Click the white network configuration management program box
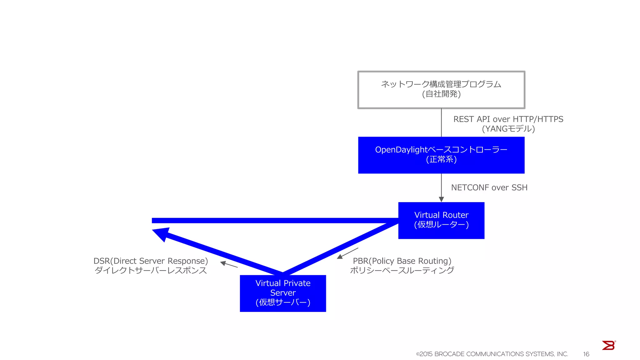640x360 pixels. point(441,90)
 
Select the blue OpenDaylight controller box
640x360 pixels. point(441,155)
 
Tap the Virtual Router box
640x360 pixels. point(441,220)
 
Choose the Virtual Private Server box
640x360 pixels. point(282,293)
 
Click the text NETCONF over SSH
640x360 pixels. point(489,187)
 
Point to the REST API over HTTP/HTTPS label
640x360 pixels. point(508,119)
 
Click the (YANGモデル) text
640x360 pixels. point(508,129)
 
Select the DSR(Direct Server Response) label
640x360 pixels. point(151,261)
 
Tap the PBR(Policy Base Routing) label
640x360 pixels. point(402,261)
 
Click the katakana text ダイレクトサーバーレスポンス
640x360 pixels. point(151,270)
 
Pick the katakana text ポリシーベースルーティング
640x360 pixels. point(402,270)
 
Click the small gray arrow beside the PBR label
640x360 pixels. point(347,253)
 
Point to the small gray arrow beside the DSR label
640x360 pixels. point(229,264)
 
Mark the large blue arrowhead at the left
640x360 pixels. point(161,234)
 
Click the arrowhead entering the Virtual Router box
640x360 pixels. point(441,199)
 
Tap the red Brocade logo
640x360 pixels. point(608,345)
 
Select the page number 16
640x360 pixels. point(586,354)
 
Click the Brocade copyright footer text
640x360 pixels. point(492,354)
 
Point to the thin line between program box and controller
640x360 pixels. point(441,122)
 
